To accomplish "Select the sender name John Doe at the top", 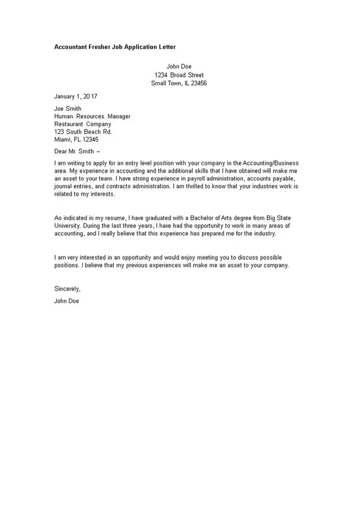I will click(179, 66).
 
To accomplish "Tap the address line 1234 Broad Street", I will click(179, 75).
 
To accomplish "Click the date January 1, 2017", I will click(76, 96).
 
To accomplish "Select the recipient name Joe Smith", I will click(67, 109).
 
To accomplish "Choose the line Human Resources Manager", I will click(92, 116).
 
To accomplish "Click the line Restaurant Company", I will click(83, 124).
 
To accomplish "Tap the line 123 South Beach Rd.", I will click(83, 132).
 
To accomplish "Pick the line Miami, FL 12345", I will click(76, 139).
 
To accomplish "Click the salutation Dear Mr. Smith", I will click(75, 151).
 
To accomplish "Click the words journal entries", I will click(73, 186).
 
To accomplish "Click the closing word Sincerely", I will click(67, 289).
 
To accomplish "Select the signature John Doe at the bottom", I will click(66, 301).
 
